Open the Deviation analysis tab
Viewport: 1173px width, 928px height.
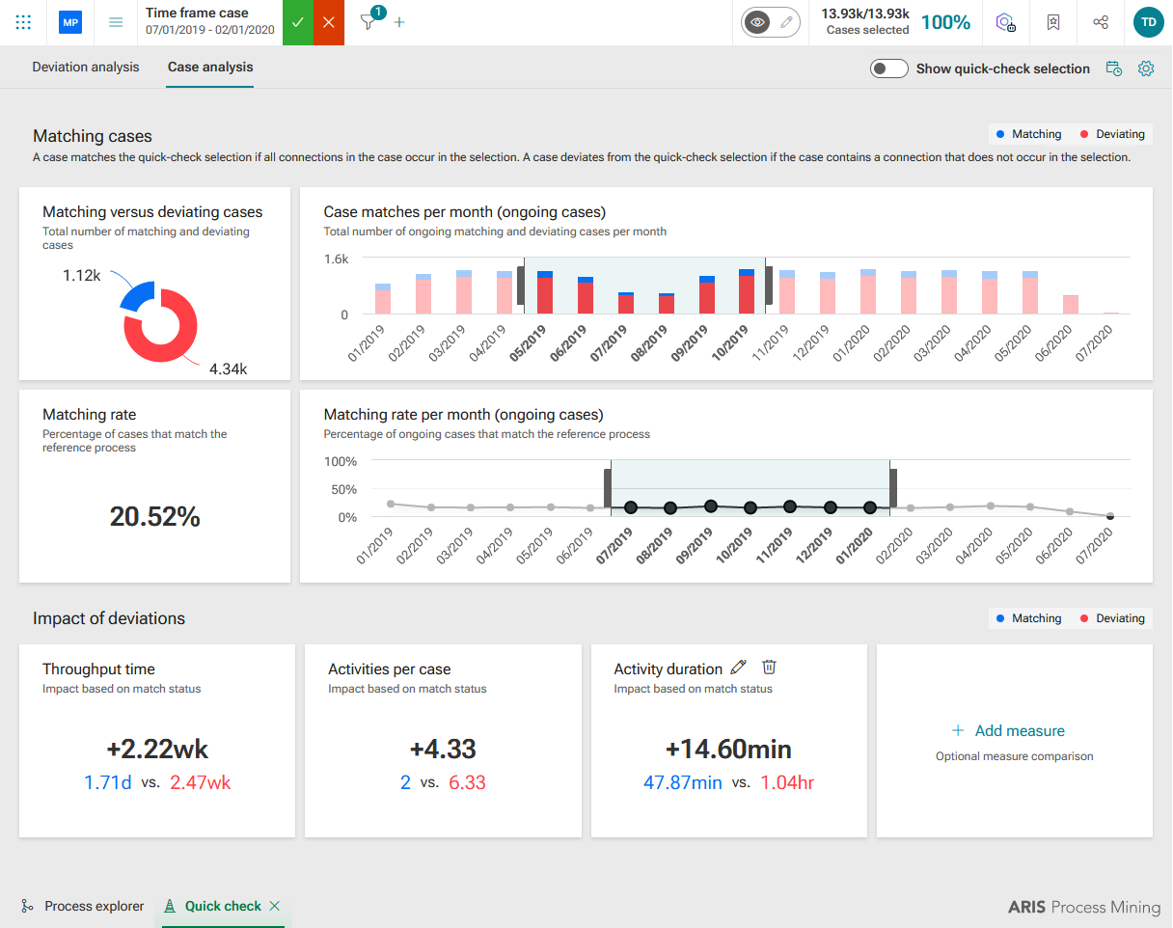[x=86, y=68]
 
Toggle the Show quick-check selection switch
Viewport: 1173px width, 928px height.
[x=888, y=68]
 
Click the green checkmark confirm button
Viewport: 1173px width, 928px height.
[x=298, y=22]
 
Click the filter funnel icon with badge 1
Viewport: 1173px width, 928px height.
[x=368, y=22]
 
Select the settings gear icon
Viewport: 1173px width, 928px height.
[x=1146, y=68]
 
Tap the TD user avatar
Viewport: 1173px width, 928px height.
[x=1149, y=22]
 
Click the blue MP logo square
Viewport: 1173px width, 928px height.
[x=70, y=22]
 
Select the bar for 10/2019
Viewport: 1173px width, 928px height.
[x=747, y=291]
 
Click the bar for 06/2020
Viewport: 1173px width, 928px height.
[x=1071, y=304]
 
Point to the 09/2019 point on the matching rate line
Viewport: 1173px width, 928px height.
[x=710, y=506]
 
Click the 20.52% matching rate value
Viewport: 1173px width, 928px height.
[x=154, y=516]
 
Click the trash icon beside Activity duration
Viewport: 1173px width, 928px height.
[x=769, y=667]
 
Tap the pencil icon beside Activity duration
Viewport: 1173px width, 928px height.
[x=739, y=667]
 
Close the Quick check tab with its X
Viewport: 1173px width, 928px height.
[x=275, y=906]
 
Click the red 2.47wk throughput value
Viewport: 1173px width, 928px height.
[x=200, y=782]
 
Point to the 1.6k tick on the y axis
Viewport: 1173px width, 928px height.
[x=337, y=259]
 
